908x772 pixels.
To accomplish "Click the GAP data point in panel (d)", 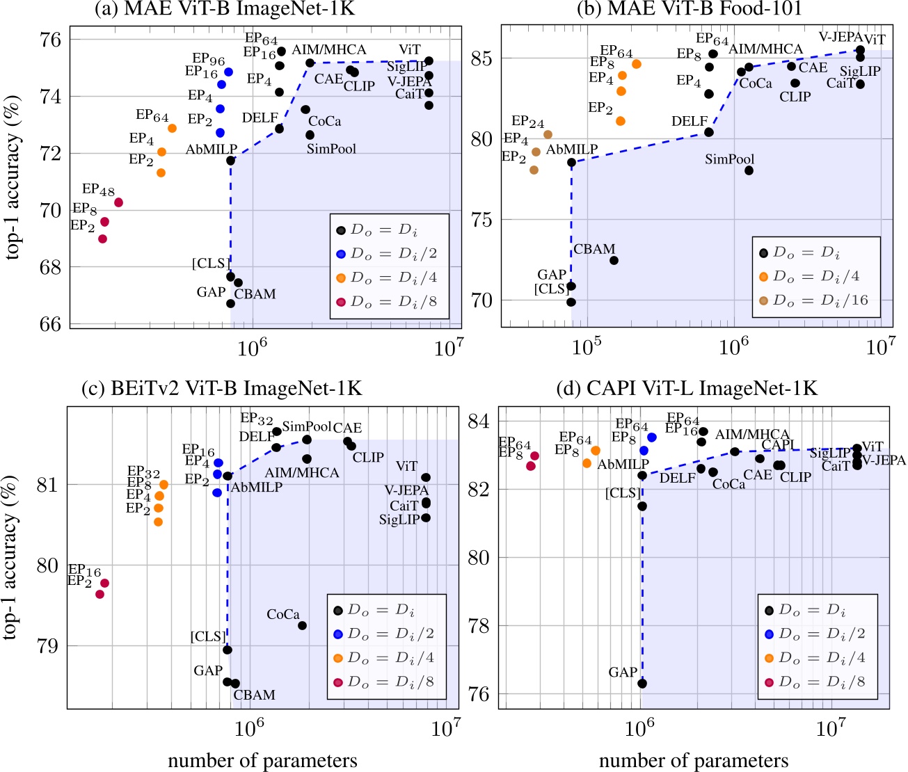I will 642,683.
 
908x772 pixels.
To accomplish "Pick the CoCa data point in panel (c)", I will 302,625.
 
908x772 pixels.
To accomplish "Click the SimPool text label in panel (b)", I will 729,159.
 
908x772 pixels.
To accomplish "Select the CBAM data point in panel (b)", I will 614,260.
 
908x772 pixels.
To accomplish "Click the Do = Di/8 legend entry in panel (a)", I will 386,302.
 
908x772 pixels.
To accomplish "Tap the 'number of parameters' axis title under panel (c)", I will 262,761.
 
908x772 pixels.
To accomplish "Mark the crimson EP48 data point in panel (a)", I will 118,202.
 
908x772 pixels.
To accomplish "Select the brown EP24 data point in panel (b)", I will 548,134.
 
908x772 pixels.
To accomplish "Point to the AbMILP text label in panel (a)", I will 211,150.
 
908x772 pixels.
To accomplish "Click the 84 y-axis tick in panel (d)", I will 481,421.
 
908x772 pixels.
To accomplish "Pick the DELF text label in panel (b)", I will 689,121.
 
